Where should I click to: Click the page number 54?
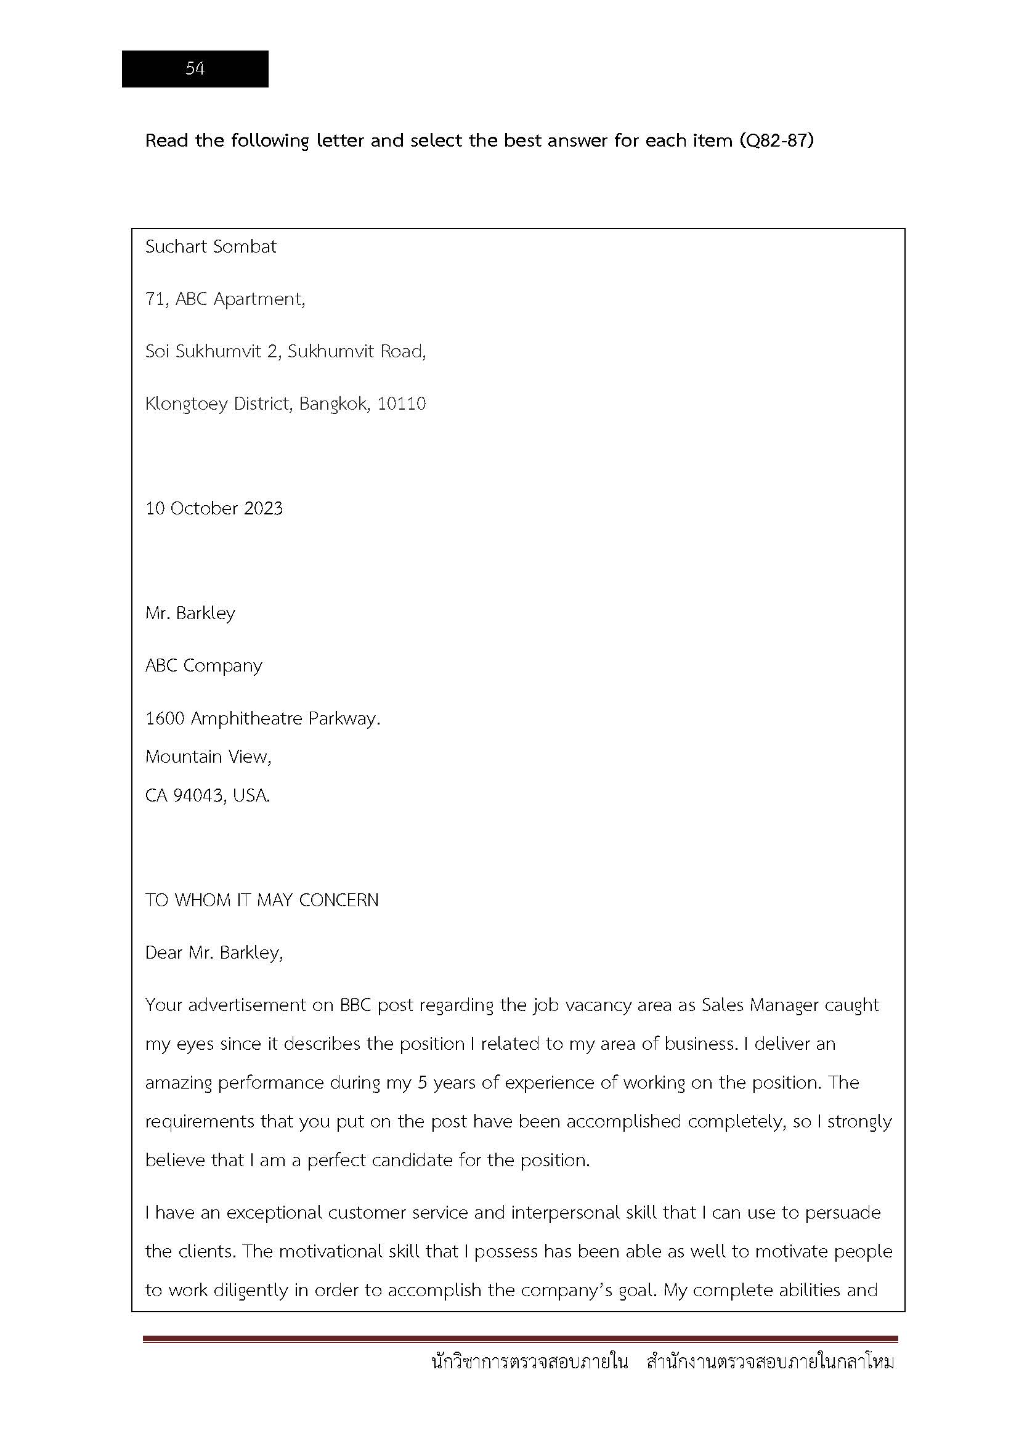195,68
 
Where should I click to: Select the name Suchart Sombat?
211,246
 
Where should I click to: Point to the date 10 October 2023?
214,508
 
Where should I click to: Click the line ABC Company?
203,665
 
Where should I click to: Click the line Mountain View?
208,757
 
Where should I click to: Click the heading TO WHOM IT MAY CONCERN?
262,900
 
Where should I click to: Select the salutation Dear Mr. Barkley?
214,952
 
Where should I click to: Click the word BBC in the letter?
355,1005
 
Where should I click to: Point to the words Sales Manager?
760,1005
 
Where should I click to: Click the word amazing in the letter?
179,1082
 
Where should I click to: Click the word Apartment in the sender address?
259,299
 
